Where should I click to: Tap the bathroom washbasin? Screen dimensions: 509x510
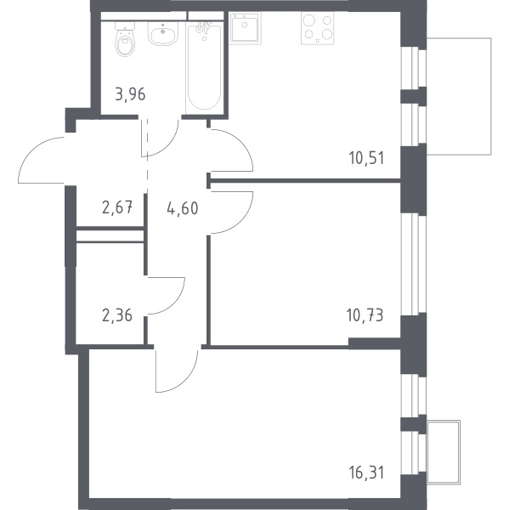pyautogui.click(x=162, y=33)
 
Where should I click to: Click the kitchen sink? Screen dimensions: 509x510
pyautogui.click(x=245, y=28)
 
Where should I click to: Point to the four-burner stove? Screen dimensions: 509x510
pyautogui.click(x=318, y=28)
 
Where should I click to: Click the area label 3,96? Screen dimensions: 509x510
pyautogui.click(x=130, y=94)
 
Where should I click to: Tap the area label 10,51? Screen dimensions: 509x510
pyautogui.click(x=366, y=158)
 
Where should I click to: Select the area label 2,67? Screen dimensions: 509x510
pyautogui.click(x=117, y=207)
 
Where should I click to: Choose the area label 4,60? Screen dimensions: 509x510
pyautogui.click(x=183, y=208)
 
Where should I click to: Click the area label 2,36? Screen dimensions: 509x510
pyautogui.click(x=117, y=315)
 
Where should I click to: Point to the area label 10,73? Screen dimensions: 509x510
pyautogui.click(x=365, y=315)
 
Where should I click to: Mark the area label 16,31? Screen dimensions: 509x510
pyautogui.click(x=366, y=473)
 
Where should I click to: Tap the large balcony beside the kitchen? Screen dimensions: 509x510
pyautogui.click(x=459, y=96)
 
